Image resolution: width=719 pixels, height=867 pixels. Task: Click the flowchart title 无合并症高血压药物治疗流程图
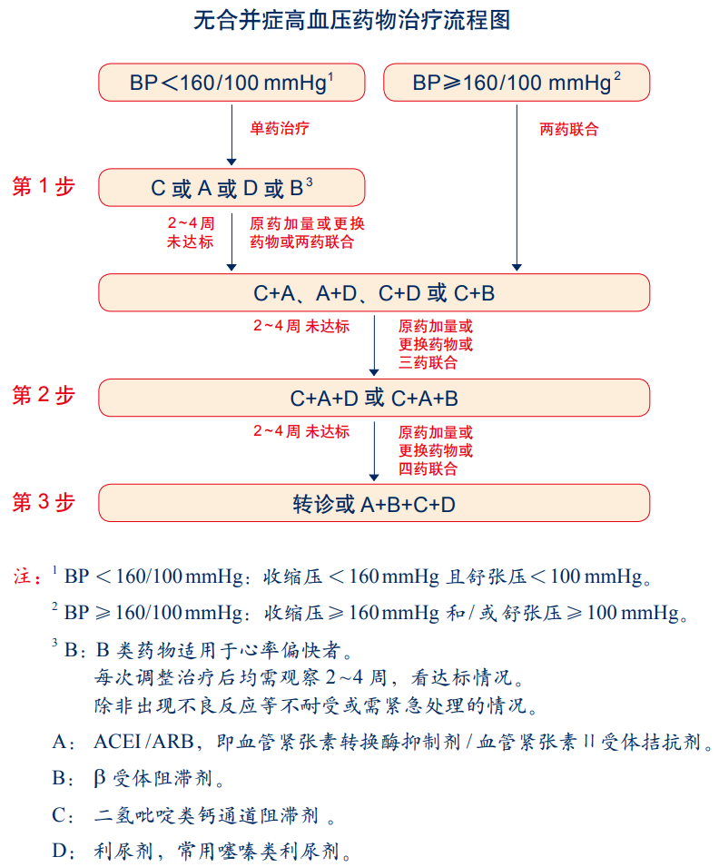click(x=359, y=20)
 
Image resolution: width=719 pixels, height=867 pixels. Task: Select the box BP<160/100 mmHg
click(x=231, y=83)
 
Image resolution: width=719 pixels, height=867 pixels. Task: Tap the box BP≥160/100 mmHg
click(x=517, y=83)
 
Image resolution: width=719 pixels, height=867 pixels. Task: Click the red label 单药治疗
click(x=280, y=128)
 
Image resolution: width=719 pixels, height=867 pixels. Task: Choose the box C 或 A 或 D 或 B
click(x=231, y=188)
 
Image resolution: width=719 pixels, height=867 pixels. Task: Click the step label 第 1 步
click(x=43, y=187)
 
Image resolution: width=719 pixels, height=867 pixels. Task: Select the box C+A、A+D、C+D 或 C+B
click(x=374, y=293)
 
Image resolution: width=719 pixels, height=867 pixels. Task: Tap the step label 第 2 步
click(x=43, y=397)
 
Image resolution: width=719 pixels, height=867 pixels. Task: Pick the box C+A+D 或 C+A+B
click(x=374, y=398)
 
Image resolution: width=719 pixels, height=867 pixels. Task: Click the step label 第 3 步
click(x=43, y=502)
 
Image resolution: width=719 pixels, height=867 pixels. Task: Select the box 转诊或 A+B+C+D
click(x=374, y=503)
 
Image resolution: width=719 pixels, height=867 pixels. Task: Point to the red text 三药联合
click(x=428, y=363)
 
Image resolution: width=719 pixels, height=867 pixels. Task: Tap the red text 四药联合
click(x=428, y=468)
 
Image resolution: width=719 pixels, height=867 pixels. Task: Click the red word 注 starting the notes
click(x=23, y=576)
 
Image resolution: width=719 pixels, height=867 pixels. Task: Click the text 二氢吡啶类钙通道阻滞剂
click(x=206, y=814)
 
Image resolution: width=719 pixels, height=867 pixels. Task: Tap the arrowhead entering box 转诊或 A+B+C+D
click(x=374, y=476)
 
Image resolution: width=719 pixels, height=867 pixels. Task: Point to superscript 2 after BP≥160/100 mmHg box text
click(x=617, y=75)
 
